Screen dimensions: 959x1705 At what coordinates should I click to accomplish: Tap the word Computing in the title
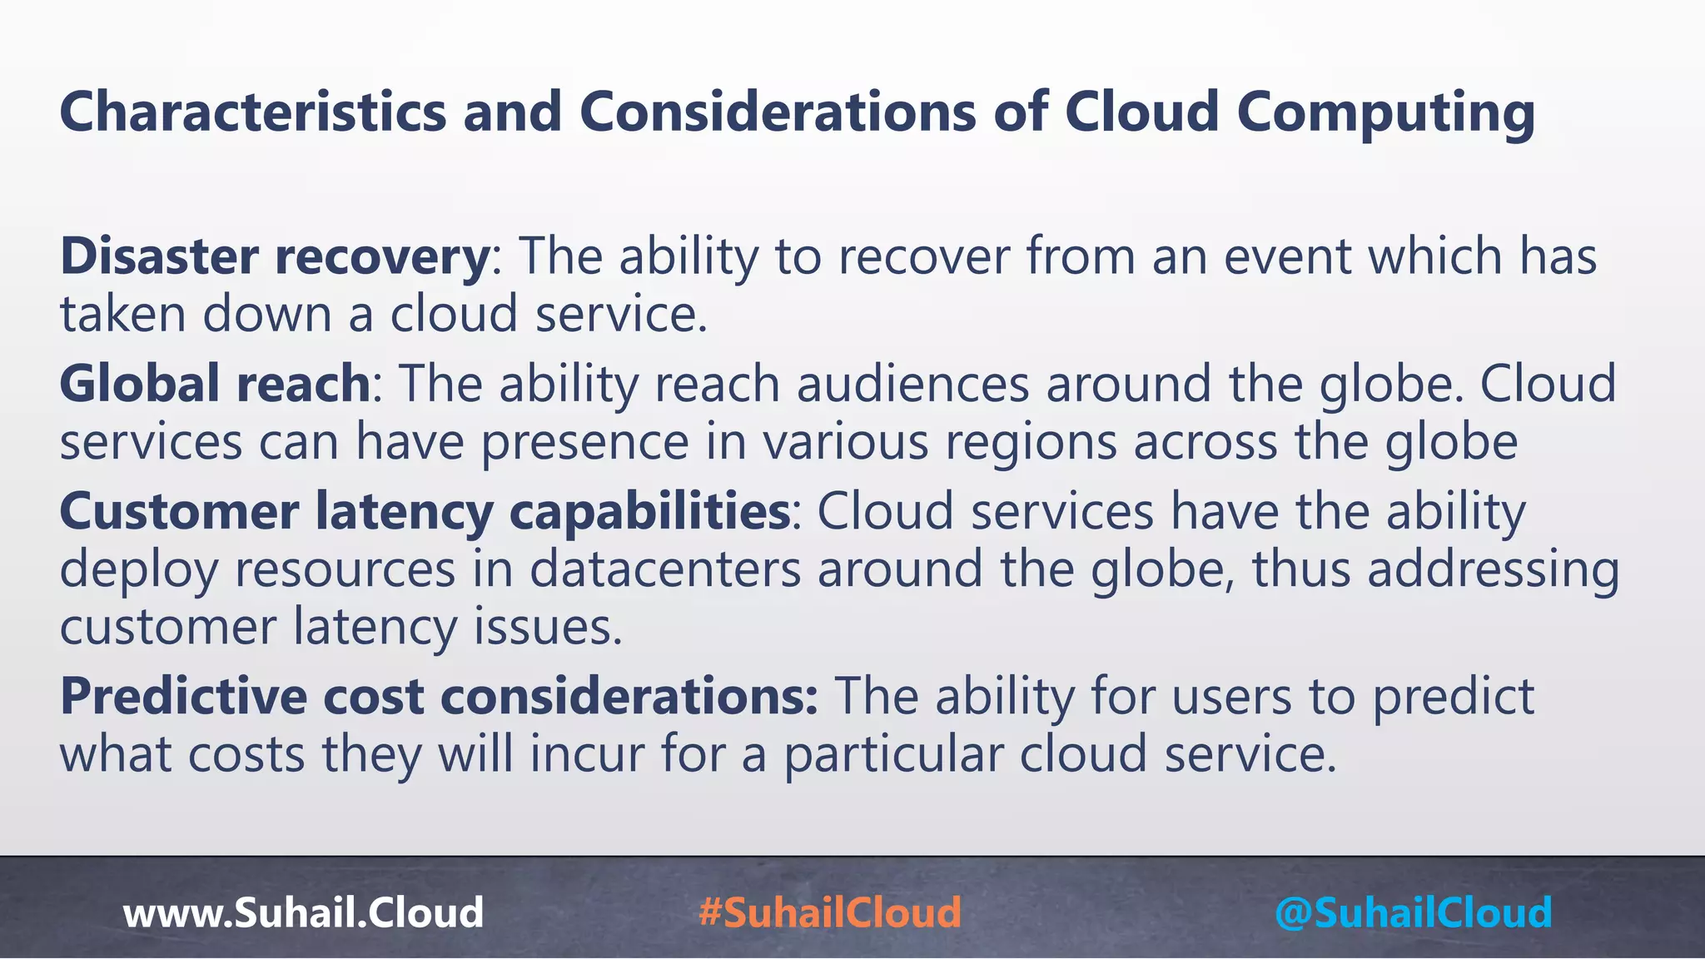point(1385,112)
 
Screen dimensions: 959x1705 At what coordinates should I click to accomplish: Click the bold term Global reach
point(215,384)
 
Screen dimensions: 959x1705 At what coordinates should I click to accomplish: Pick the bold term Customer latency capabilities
point(425,511)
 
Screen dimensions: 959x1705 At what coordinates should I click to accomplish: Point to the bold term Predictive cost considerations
point(439,697)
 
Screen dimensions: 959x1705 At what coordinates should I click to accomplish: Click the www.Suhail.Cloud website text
point(303,912)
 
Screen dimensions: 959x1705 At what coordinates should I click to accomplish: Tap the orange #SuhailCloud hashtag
point(830,912)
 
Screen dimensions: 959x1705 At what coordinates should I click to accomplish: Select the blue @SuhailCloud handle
point(1413,912)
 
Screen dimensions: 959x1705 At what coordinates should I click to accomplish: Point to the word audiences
point(912,384)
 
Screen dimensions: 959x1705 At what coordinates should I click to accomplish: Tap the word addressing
point(1494,569)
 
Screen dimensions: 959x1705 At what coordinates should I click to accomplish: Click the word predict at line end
point(1453,697)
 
